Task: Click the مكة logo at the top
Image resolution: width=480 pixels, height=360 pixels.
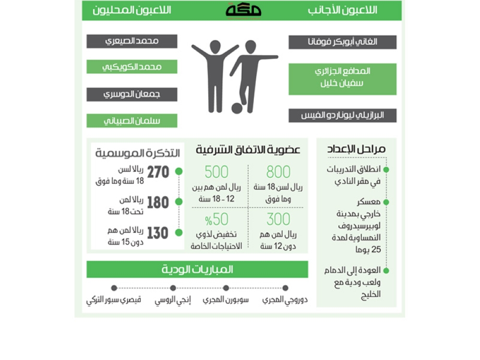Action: pos(243,10)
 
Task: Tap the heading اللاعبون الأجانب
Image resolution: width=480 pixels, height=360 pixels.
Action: pos(343,10)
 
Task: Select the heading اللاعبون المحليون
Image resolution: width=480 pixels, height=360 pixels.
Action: pos(132,10)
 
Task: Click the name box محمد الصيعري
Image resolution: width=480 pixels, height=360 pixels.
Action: pos(132,41)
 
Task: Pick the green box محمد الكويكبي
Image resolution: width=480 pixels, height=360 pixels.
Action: pos(132,67)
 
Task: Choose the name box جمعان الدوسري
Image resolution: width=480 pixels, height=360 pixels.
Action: pos(132,94)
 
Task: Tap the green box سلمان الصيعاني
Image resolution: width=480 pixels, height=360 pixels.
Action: pos(132,121)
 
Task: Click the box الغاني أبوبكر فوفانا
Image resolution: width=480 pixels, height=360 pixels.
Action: pos(342,42)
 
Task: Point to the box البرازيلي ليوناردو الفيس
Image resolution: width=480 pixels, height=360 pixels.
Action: pos(342,115)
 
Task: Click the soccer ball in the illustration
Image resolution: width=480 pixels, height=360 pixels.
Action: pos(237,108)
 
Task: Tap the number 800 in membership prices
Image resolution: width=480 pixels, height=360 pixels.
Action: pos(278,172)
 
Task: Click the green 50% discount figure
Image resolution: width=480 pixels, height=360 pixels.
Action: pos(217,219)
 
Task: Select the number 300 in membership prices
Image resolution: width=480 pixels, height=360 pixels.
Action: pos(278,219)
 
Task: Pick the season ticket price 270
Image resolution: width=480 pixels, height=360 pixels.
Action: pos(158,172)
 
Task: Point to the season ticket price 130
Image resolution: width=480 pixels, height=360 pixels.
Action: pos(158,233)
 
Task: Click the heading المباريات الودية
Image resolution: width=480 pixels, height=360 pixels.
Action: pos(197,270)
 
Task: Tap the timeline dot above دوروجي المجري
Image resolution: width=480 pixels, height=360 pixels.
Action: pos(285,288)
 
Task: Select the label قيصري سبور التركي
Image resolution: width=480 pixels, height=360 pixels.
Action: pos(114,301)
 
